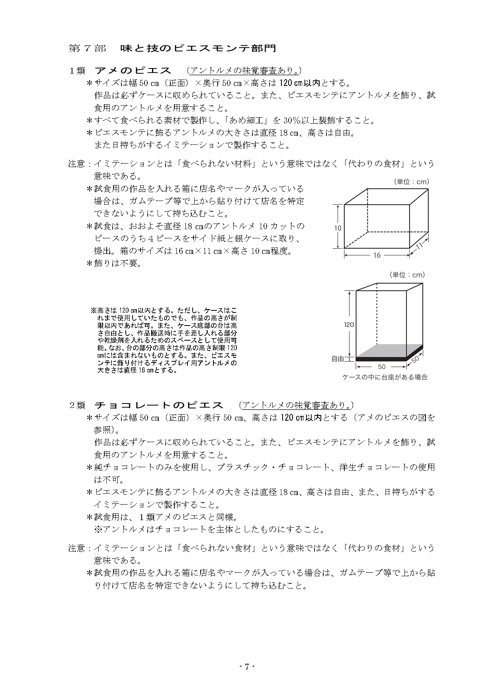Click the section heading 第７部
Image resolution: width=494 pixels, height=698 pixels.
coord(87,49)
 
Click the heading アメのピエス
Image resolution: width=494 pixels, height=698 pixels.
coord(133,71)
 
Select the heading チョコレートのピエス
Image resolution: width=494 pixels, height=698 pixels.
coord(158,405)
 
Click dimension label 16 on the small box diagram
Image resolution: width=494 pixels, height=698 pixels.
coord(377,255)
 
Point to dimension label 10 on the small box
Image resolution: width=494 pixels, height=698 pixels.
coord(338,228)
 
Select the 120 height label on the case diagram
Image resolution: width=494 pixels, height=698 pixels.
coord(349,325)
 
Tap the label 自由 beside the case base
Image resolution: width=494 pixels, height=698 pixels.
coord(338,359)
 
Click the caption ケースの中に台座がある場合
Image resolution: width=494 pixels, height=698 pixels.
coord(385,377)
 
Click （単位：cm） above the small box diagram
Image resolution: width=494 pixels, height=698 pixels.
coord(411,182)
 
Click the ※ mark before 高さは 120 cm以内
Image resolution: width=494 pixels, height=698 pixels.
coord(94,310)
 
